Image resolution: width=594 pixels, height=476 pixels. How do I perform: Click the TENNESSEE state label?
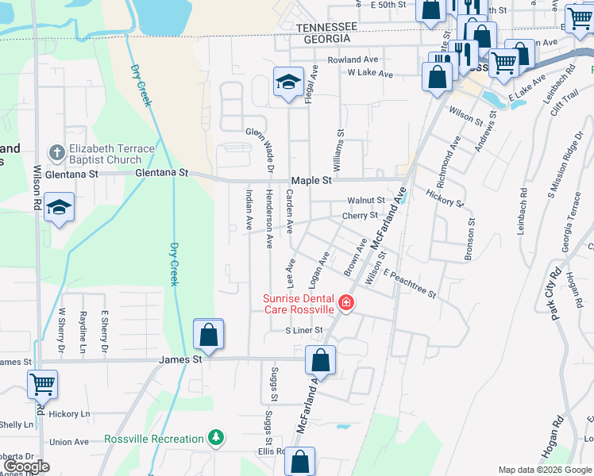pyautogui.click(x=328, y=27)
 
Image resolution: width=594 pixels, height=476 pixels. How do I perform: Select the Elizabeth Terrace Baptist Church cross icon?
pyautogui.click(x=56, y=152)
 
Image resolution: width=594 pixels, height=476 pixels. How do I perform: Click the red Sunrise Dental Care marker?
pyautogui.click(x=345, y=302)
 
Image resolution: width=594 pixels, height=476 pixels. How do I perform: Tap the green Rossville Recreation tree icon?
pyautogui.click(x=214, y=438)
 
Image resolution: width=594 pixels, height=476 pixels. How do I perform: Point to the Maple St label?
pyautogui.click(x=310, y=181)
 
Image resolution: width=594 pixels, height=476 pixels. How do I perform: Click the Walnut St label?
pyautogui.click(x=365, y=201)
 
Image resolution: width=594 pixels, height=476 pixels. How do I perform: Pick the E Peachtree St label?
pyautogui.click(x=410, y=283)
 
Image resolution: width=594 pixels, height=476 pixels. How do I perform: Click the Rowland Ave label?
pyautogui.click(x=352, y=59)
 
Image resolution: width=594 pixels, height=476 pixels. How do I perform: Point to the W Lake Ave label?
pyautogui.click(x=370, y=74)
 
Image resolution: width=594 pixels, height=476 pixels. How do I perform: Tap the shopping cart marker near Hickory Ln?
pyautogui.click(x=42, y=385)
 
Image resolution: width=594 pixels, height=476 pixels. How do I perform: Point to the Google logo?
pyautogui.click(x=27, y=466)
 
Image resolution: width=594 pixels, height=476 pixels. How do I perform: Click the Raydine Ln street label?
pyautogui.click(x=83, y=332)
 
